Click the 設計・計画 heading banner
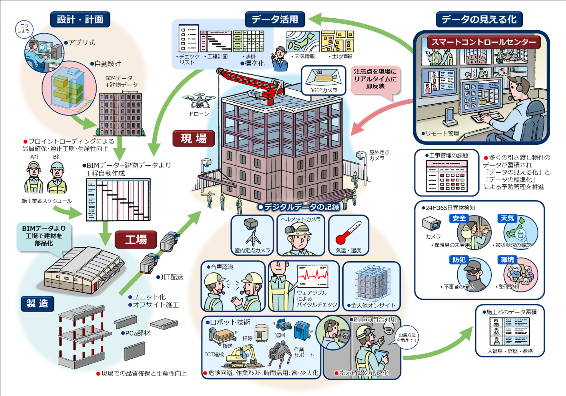click(x=80, y=19)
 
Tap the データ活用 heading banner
click(x=275, y=19)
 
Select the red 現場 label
click(x=194, y=138)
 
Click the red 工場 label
click(x=136, y=240)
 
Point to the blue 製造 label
click(x=37, y=303)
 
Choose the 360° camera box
click(x=323, y=80)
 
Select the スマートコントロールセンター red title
click(x=483, y=42)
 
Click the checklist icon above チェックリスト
click(x=188, y=39)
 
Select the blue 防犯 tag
click(x=459, y=260)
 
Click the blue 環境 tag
click(x=507, y=260)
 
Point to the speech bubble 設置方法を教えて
click(x=407, y=337)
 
